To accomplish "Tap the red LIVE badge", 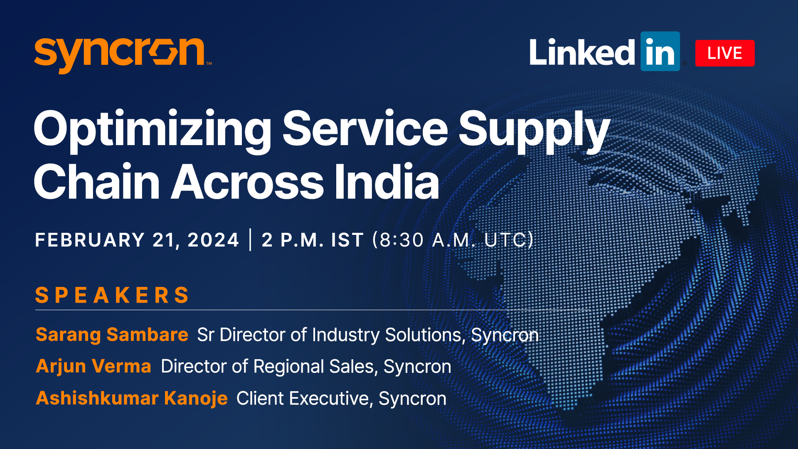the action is point(725,53).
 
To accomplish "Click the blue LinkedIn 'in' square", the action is point(660,51).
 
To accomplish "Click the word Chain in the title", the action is point(97,182).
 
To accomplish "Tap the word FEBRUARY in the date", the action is point(90,240).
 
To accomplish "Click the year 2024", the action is point(213,240).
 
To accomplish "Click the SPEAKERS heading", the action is point(112,295).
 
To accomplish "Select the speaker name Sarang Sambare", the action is point(112,335).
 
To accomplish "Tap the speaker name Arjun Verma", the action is point(94,366).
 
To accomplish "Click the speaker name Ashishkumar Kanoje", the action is point(132,398).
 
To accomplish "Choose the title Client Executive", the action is point(302,398).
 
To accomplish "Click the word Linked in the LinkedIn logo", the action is point(582,52).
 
